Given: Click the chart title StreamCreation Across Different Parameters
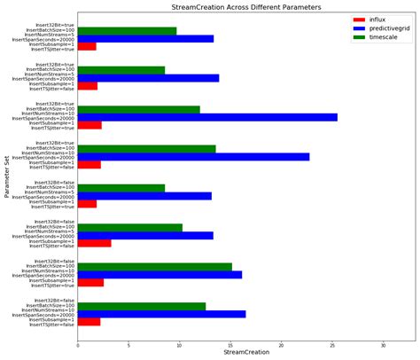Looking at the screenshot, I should coord(246,6).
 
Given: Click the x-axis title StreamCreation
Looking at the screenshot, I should coord(246,353).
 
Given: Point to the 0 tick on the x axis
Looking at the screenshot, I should coord(78,345).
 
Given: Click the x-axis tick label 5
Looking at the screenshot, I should coord(128,345).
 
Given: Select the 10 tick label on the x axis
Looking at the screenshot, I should coord(180,345).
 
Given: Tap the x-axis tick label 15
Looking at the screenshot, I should coord(230,345).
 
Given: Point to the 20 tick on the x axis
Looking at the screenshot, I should coord(282,345).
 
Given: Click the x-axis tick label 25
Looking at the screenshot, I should coord(332,345).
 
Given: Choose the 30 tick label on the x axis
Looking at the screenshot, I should coord(384,345).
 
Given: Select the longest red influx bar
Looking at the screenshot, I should coord(94,243).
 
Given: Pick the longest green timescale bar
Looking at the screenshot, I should coord(155,266).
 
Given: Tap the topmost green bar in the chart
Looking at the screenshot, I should coord(127,31).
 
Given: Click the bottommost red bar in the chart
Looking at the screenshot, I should coord(89,321).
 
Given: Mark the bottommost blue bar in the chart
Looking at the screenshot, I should coord(161,313).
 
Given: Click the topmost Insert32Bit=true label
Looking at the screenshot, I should coord(55,26).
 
